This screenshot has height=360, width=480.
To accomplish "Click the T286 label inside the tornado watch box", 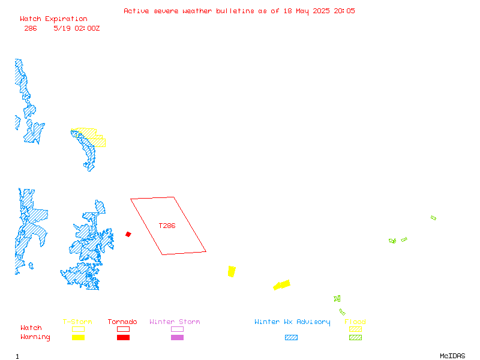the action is coord(167,226).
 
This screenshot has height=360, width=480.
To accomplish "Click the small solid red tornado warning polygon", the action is coord(128,234).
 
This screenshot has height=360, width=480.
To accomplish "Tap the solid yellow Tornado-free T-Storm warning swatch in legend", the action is coord(79,337).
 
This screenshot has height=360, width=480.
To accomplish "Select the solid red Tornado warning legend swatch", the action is coord(124,337).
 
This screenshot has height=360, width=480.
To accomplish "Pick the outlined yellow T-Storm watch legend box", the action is coord(79,329).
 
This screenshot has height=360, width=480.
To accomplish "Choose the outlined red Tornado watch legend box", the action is coord(124,329).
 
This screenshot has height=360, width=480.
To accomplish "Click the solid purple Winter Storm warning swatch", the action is coord(177,337).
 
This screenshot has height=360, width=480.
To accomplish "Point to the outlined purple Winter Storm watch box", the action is coord(177,329).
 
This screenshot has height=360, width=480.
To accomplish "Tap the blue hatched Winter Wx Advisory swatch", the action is coord(291,337).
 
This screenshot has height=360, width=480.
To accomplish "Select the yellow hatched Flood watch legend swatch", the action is coord(355,329).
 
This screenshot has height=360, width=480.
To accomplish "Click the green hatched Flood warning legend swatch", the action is coord(355,337).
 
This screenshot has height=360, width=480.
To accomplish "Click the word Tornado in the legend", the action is coord(122,322).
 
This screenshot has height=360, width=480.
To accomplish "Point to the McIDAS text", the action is coord(452,356).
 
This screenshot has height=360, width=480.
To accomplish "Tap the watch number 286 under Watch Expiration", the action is coord(31,28).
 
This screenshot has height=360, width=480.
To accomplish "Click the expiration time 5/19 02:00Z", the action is coord(77,28).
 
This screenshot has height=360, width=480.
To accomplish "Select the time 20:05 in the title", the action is coord(344,11).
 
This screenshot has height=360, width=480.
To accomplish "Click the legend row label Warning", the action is coord(35,337).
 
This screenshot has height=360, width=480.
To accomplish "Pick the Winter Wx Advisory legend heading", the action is coord(292,322).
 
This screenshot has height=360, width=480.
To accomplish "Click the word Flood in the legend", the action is coord(355,322).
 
